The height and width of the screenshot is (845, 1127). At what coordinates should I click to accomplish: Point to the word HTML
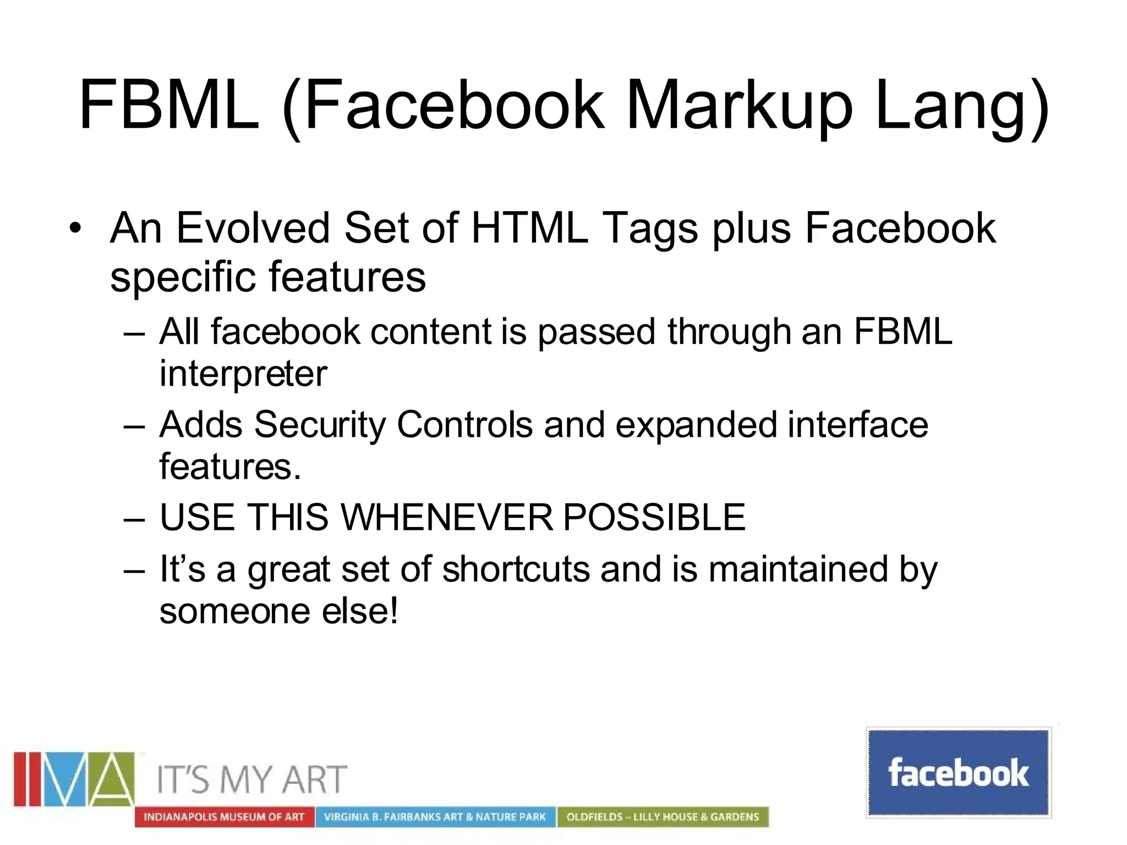pos(529,227)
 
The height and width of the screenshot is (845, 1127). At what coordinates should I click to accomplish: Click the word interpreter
pos(243,375)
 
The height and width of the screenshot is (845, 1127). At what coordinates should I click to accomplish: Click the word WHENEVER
pos(446,517)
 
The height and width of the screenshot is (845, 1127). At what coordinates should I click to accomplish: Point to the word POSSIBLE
pos(654,517)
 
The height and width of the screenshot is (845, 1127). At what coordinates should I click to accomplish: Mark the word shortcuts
pos(516,569)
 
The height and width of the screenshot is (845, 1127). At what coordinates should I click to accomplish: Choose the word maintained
pos(798,569)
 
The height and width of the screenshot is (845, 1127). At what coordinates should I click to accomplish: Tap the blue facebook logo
pos(958,772)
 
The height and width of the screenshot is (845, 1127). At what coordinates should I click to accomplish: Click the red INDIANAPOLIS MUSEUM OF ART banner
pos(224,817)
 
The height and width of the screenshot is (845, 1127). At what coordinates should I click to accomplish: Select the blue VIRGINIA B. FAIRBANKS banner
pos(435,817)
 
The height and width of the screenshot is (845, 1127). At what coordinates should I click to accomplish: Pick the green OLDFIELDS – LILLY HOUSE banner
pos(663,817)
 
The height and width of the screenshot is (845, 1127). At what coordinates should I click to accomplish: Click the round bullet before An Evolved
pos(75,228)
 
